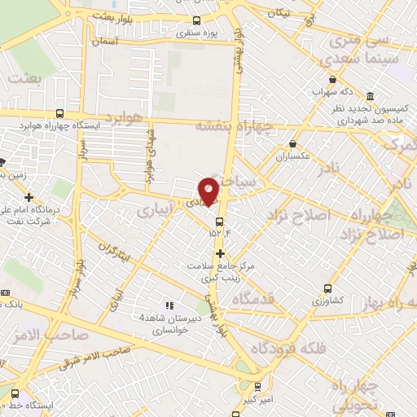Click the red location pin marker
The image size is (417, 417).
pos(210,191)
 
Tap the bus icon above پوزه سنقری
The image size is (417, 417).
pos(195,21)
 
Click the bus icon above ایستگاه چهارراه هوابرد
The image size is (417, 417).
pos(59,114)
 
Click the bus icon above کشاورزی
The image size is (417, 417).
pos(327,288)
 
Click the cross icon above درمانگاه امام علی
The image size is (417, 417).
pos(29,197)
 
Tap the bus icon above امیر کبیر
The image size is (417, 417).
pos(257,388)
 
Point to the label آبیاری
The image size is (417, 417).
pos(155,210)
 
